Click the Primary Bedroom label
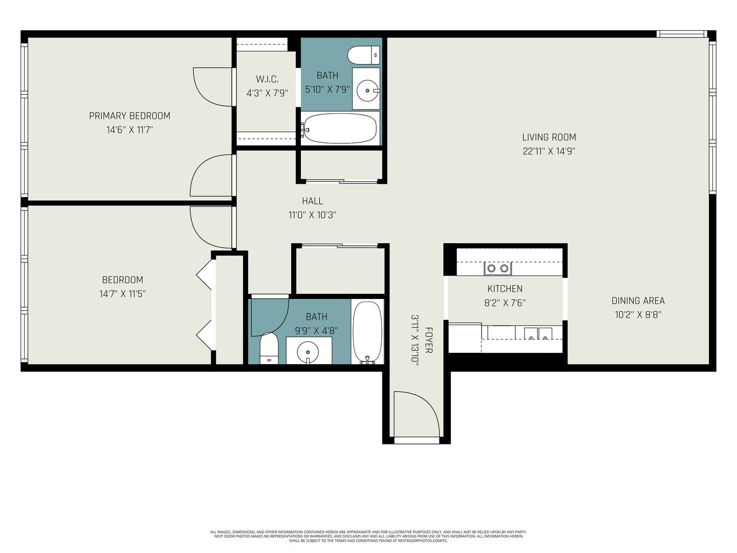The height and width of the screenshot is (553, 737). (129, 116)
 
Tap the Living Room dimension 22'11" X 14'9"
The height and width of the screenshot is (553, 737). (549, 151)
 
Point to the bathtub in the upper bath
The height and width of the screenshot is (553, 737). (340, 128)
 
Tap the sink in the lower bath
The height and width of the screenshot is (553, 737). (308, 352)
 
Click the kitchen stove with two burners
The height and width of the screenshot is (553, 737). (497, 268)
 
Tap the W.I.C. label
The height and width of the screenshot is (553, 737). (267, 79)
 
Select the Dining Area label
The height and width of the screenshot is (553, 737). (638, 301)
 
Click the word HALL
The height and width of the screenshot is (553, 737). (312, 201)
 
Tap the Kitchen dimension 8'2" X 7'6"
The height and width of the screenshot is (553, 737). (505, 303)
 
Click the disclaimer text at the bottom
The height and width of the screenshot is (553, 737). (368, 536)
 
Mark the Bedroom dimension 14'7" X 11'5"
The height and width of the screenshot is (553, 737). (123, 294)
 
